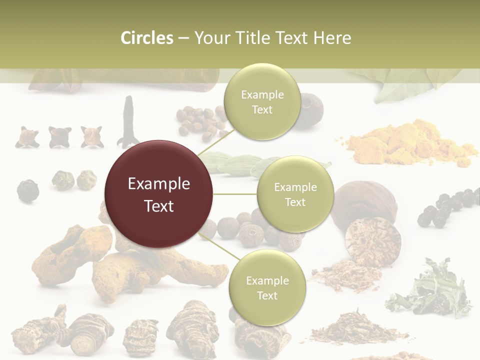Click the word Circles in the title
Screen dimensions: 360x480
point(147,38)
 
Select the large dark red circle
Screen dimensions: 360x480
point(158,194)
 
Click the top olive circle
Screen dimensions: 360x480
point(262,102)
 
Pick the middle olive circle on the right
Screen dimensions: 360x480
point(295,194)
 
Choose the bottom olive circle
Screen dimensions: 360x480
point(267,288)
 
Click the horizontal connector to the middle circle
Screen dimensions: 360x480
point(235,194)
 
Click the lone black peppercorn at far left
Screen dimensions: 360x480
point(27,190)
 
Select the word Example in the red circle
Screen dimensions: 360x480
point(158,184)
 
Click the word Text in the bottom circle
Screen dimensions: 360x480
point(267,296)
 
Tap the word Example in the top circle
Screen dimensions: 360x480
point(262,94)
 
